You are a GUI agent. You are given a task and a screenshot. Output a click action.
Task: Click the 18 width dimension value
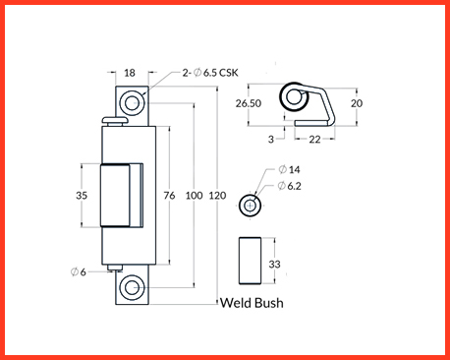click(130, 73)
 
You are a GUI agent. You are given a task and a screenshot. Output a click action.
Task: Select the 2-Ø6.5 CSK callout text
click(210, 73)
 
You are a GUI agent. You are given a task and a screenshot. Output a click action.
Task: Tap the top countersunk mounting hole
click(133, 102)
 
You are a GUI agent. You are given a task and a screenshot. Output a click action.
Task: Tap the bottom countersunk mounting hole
click(133, 288)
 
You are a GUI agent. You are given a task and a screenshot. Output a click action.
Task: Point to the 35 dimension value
click(82, 196)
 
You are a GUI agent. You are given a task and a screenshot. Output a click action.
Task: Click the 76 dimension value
click(169, 196)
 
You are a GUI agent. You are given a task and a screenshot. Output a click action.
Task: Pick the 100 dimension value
click(195, 196)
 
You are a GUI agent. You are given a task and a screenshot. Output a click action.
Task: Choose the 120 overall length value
click(217, 196)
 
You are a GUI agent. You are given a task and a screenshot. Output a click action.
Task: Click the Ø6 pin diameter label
click(79, 271)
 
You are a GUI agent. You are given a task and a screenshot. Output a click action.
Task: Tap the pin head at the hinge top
click(114, 121)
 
